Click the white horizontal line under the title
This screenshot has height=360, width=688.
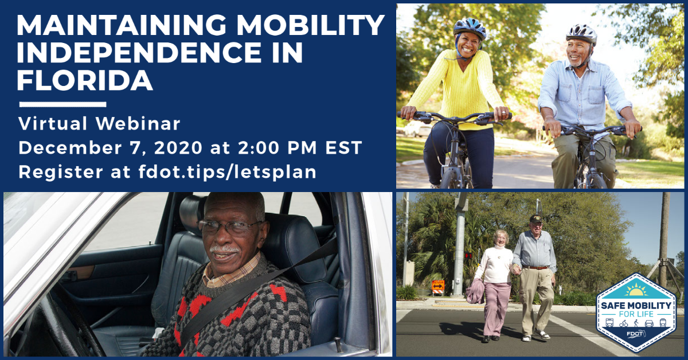62,104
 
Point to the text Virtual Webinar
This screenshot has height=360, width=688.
99,123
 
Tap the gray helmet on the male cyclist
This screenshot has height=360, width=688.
581,33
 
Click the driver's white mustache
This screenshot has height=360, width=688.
225,250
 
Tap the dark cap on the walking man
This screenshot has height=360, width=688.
535,218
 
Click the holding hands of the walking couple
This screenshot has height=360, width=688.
516,268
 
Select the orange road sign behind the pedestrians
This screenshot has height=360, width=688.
438,284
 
